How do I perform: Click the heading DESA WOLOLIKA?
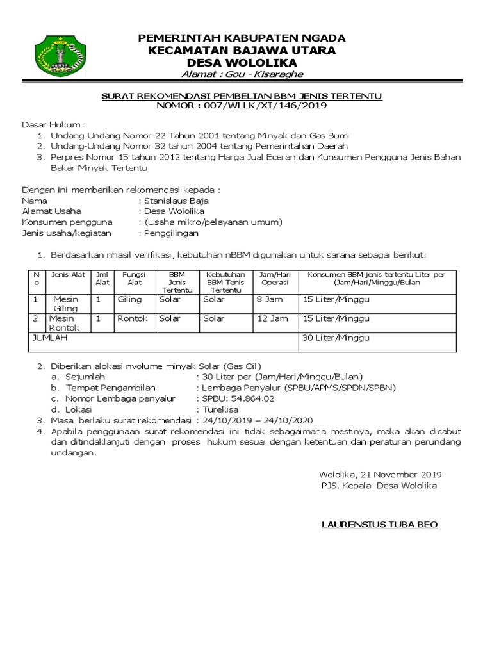pyautogui.click(x=242, y=63)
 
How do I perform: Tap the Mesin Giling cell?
pyautogui.click(x=65, y=304)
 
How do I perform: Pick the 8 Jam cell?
pyautogui.click(x=269, y=299)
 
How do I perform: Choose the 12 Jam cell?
pyautogui.click(x=272, y=318)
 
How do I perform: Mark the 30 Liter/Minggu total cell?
pyautogui.click(x=336, y=338)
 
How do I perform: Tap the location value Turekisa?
pyautogui.click(x=220, y=409)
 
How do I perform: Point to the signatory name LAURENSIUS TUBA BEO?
pyautogui.click(x=379, y=525)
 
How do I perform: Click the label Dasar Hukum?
pyautogui.click(x=54, y=124)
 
